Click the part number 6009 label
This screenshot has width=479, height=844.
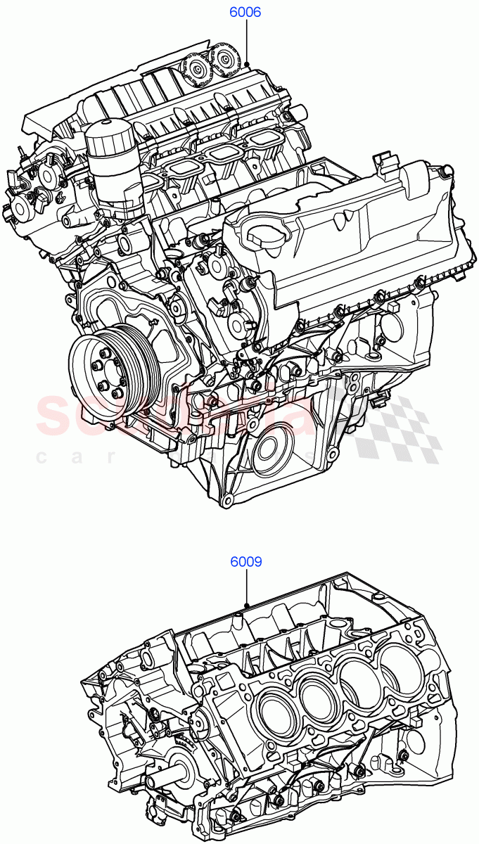click(x=245, y=562)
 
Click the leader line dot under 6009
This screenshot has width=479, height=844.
click(x=246, y=606)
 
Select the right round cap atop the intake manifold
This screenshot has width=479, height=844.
click(x=226, y=58)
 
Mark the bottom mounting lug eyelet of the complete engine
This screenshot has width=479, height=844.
click(x=226, y=501)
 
